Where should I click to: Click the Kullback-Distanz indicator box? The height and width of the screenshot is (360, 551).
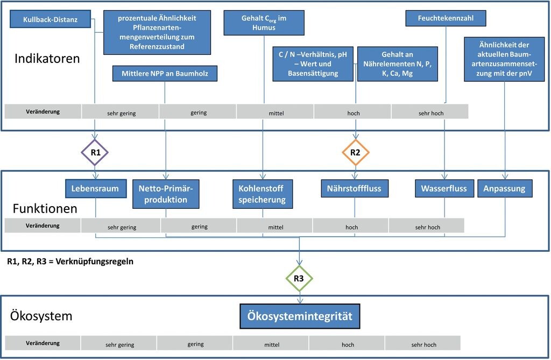pos(50,19)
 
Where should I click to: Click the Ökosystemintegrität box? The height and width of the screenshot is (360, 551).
pos(300,316)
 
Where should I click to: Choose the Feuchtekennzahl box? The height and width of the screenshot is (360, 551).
pos(446,18)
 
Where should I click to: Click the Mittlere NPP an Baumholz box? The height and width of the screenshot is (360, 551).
pos(165,74)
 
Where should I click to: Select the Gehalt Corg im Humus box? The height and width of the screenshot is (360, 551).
pos(264,23)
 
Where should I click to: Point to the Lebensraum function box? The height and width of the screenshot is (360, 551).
pos(96,188)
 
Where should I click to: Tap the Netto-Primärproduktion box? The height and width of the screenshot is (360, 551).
pos(166,194)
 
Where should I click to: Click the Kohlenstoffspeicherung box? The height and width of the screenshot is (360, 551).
pos(263,194)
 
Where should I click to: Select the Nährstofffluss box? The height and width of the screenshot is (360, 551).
pos(355,188)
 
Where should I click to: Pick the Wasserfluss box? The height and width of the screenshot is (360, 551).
pos(444,188)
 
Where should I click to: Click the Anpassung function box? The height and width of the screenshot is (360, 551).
pos(505,188)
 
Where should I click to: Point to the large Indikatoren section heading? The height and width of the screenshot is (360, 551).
pos(47,58)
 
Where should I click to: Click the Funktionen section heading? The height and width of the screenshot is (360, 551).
pos(45,208)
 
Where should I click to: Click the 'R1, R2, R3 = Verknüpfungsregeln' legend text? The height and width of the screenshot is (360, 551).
pos(70,262)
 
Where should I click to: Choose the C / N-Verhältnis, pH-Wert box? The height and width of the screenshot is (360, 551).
pos(313,64)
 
